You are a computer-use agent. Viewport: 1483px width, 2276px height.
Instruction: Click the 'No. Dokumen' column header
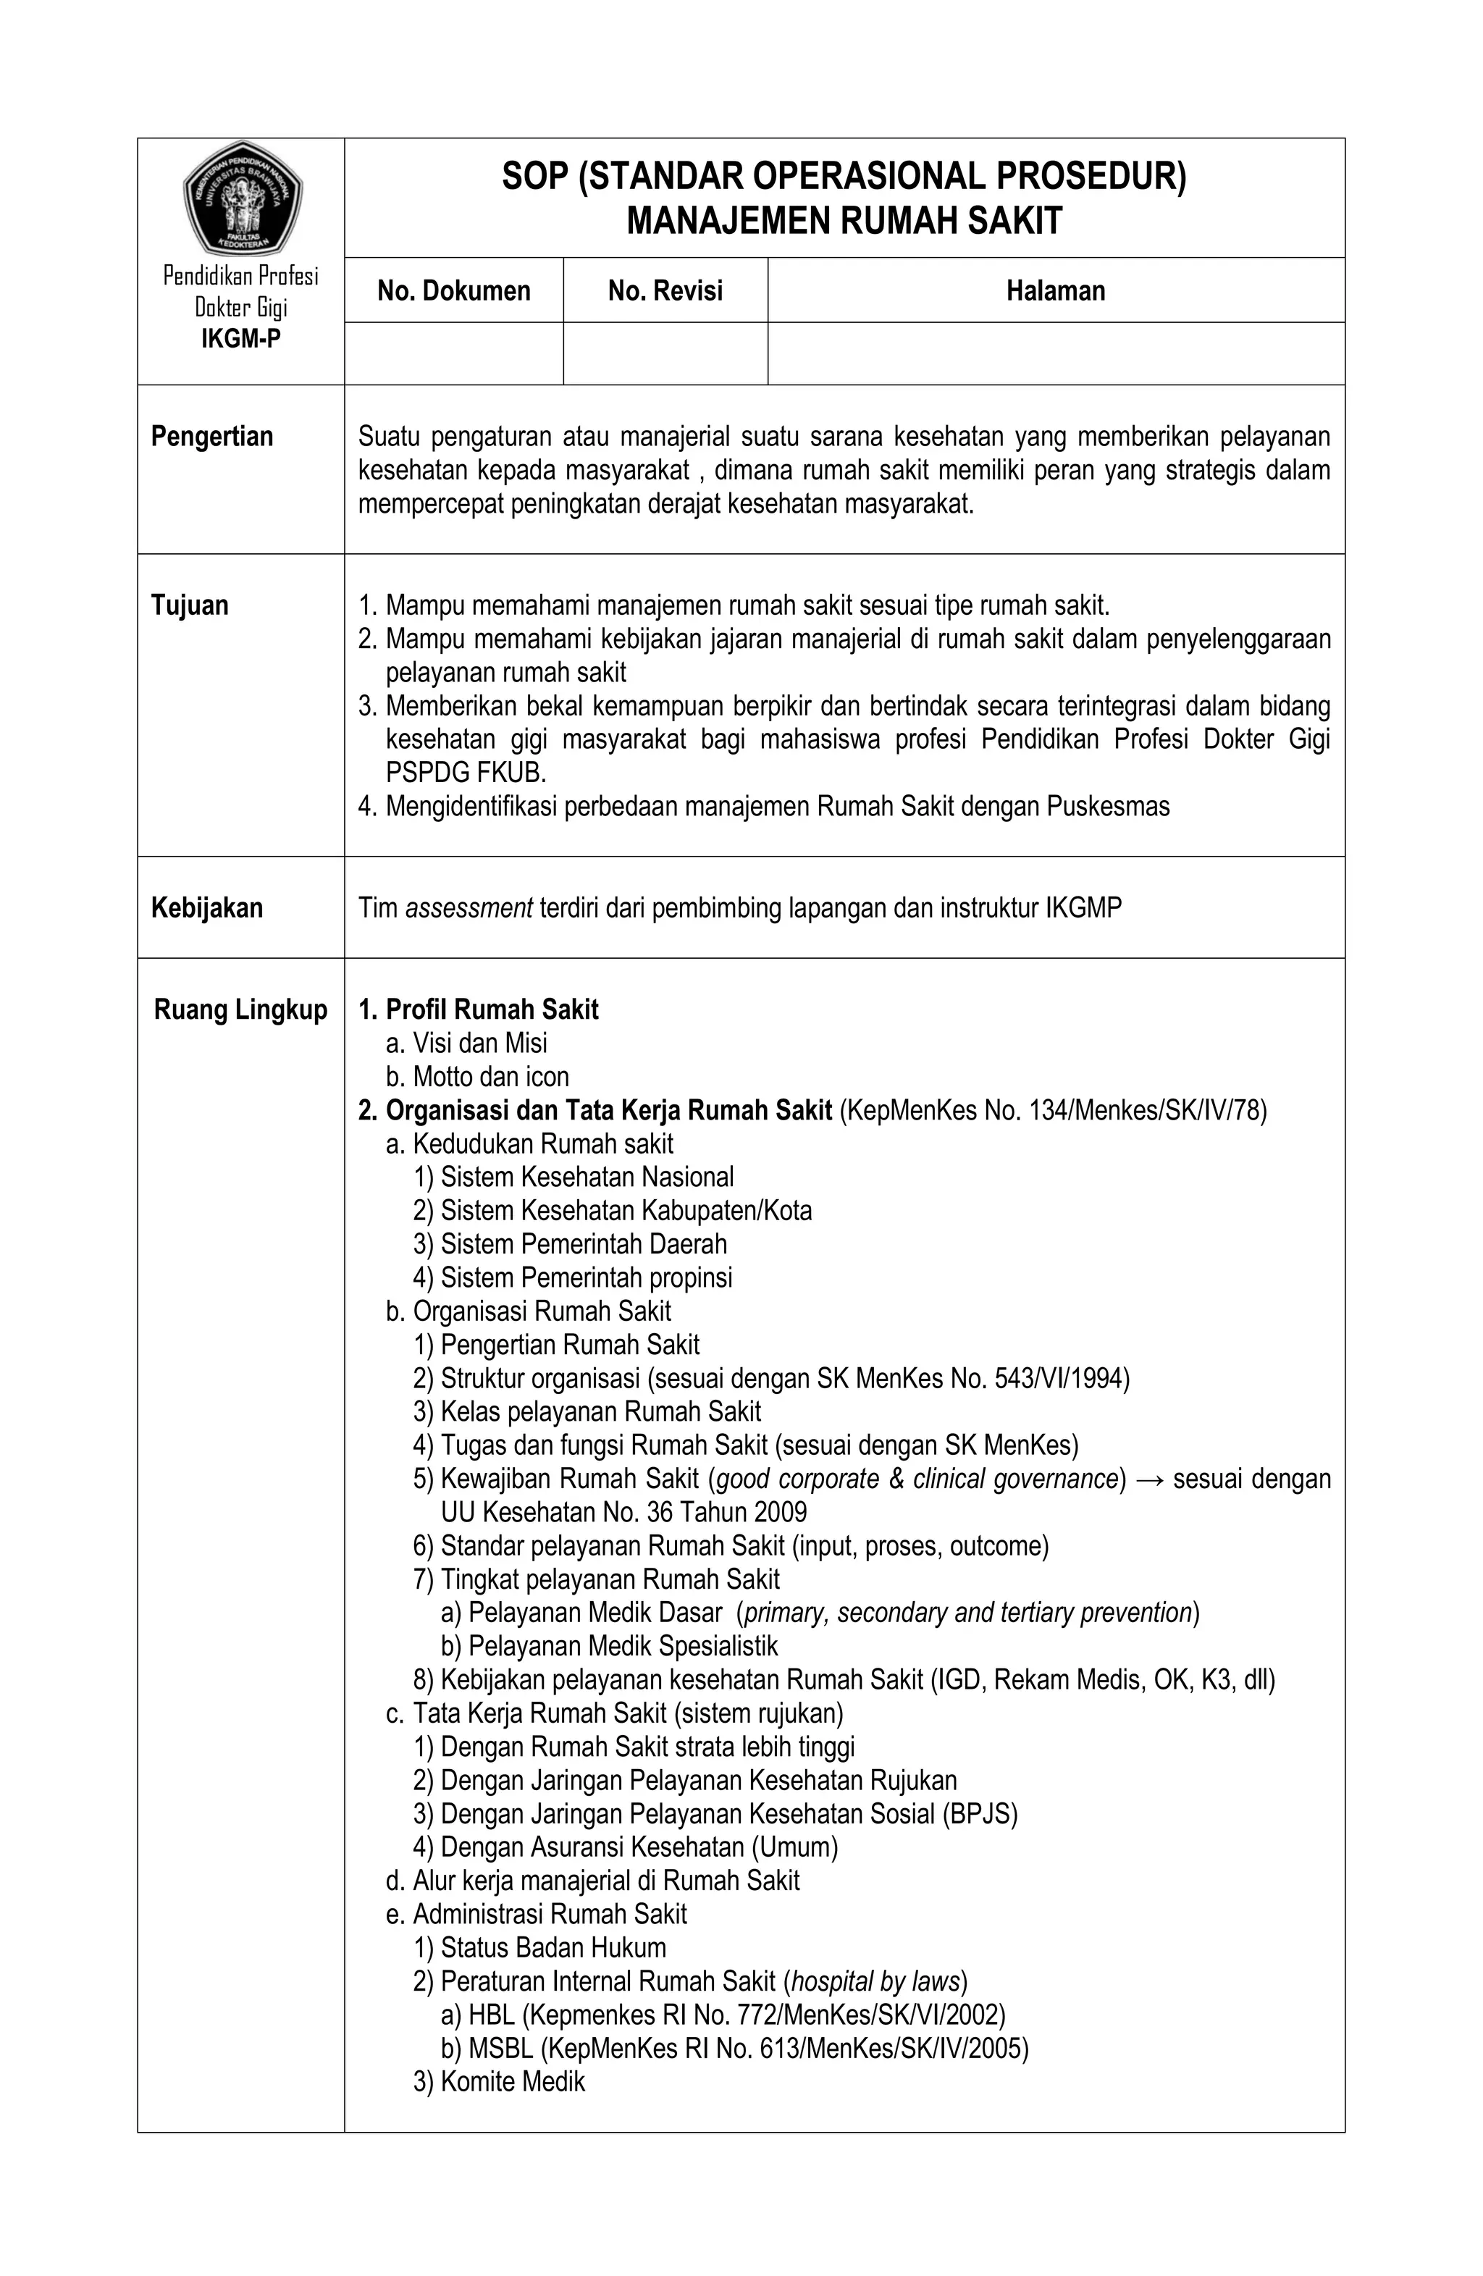453,290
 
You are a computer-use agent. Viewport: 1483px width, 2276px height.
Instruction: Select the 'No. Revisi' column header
665,290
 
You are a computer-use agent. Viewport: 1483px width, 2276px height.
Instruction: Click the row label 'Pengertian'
212,437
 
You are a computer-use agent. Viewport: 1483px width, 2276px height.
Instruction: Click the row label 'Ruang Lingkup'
241,1010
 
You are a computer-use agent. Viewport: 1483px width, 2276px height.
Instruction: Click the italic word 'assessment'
469,907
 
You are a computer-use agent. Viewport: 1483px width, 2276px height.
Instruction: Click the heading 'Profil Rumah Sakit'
492,1010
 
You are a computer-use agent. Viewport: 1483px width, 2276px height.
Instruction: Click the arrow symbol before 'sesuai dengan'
1148,1479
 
